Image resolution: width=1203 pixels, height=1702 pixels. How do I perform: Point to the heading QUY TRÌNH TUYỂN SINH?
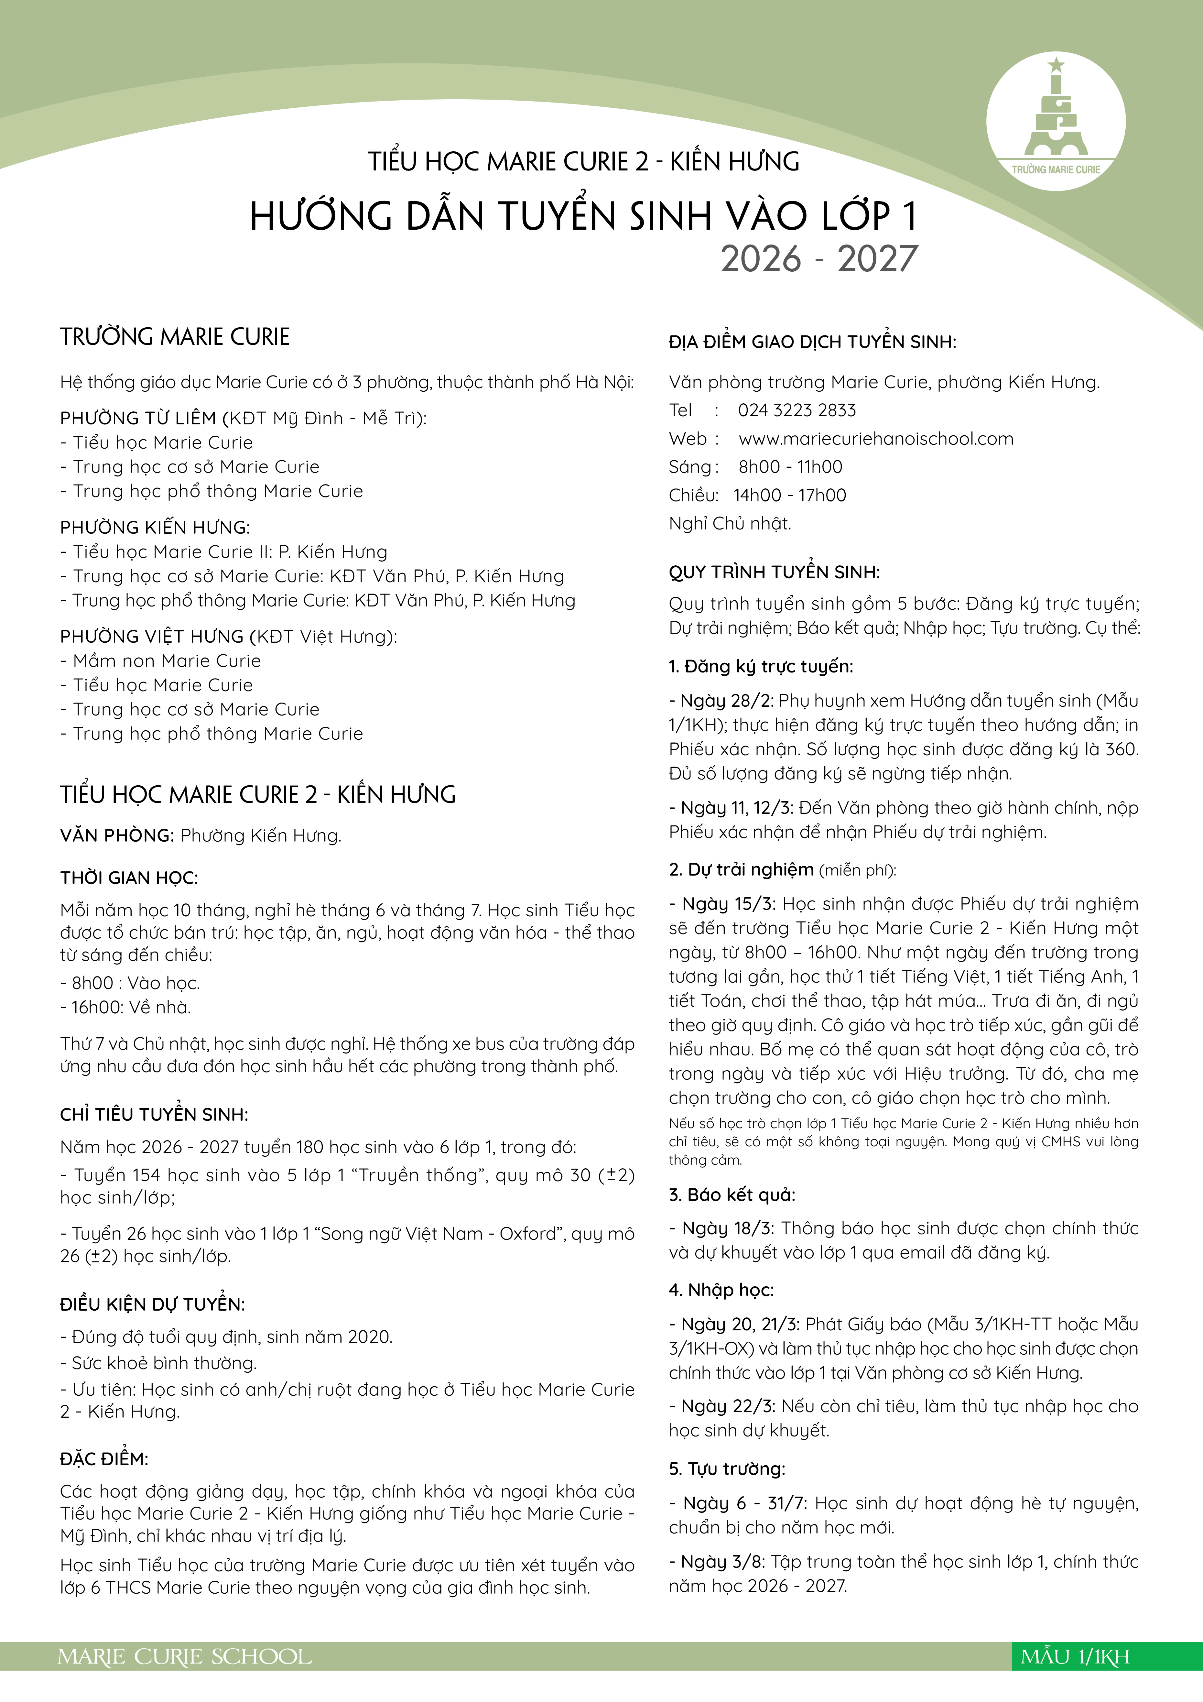tap(774, 572)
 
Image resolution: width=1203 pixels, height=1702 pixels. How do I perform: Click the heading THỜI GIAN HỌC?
tap(129, 878)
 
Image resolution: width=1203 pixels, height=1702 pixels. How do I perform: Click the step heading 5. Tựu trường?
tap(726, 1469)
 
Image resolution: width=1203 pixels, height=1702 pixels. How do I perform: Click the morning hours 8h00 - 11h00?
tap(790, 467)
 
